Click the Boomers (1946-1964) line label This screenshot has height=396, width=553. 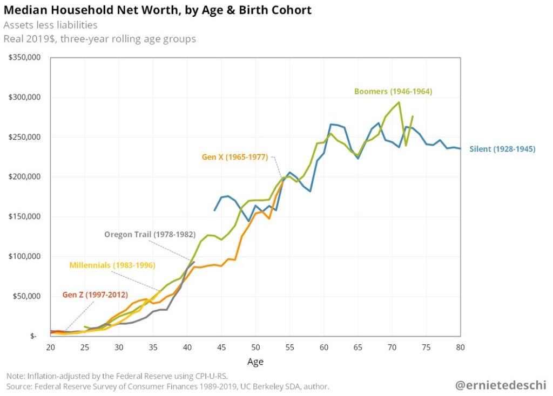[x=393, y=91]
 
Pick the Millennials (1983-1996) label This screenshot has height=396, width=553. [x=112, y=265]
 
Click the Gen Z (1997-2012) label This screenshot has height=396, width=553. [x=95, y=295]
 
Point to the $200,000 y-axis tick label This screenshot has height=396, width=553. [x=25, y=176]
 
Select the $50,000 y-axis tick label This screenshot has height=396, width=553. [x=27, y=296]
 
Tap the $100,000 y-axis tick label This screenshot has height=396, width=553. [x=25, y=256]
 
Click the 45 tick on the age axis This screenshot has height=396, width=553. [x=221, y=346]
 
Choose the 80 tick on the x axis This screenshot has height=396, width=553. [x=460, y=346]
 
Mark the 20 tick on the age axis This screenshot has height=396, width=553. [x=51, y=346]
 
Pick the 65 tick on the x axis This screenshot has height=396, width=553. [x=358, y=346]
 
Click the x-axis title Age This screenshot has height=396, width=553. [x=255, y=361]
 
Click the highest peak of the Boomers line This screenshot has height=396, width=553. [x=399, y=103]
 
